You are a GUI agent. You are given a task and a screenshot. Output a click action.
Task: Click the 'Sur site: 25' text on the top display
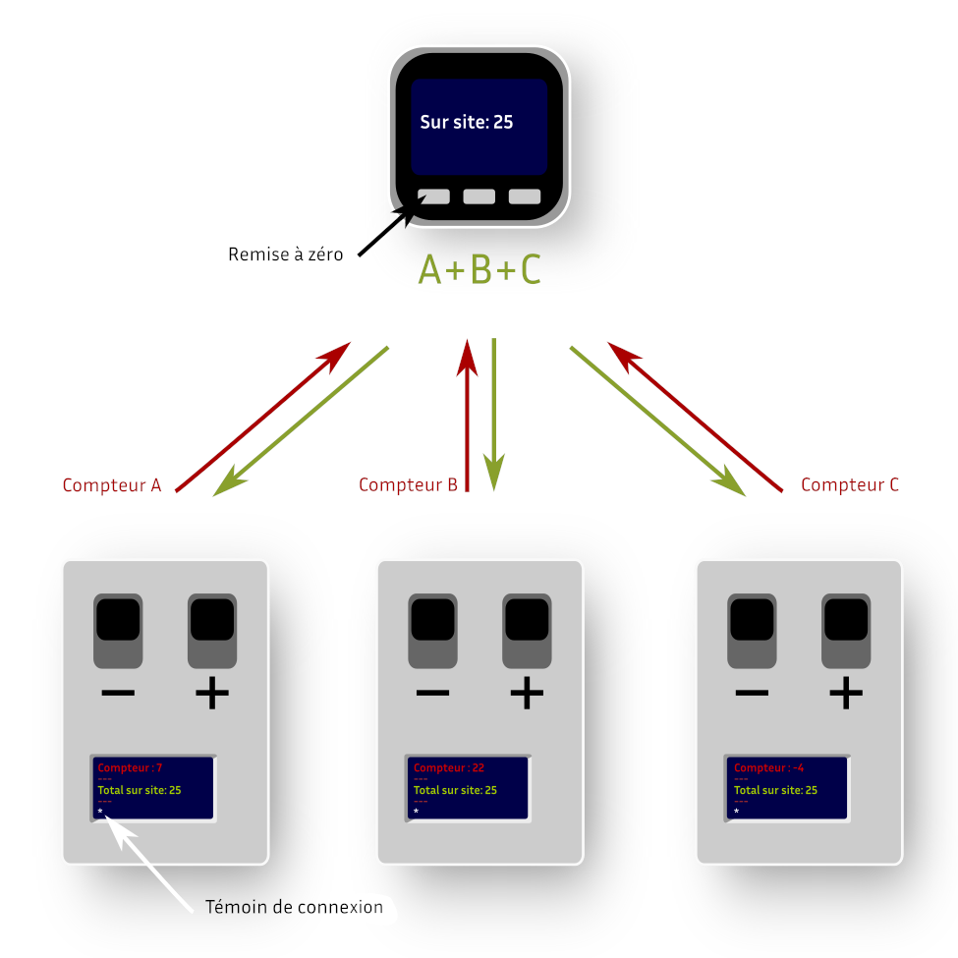(x=467, y=123)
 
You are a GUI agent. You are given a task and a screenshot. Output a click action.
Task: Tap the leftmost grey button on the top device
(x=433, y=197)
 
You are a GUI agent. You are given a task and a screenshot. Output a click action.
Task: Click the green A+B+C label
(x=479, y=269)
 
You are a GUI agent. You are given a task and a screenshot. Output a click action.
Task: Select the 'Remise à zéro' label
(x=286, y=254)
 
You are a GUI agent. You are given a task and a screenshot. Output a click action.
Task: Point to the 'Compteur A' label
(x=112, y=485)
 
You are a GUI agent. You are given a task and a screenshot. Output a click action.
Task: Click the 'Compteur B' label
(x=408, y=485)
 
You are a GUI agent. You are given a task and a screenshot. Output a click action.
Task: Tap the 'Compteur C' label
(x=850, y=485)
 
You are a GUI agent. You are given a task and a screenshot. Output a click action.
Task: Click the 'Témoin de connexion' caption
(x=294, y=907)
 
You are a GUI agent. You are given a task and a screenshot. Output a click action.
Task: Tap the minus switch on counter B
(x=433, y=629)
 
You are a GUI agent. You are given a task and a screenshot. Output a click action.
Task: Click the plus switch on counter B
(x=527, y=629)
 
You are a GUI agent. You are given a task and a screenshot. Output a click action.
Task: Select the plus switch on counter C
(x=846, y=629)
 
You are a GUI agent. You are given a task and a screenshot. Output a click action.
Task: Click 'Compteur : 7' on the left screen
(x=131, y=767)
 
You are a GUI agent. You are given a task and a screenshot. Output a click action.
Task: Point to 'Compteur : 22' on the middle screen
(x=449, y=767)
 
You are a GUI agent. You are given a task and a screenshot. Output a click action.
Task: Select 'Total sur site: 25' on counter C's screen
(x=776, y=790)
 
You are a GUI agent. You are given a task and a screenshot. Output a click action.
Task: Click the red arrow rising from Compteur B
(x=468, y=413)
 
